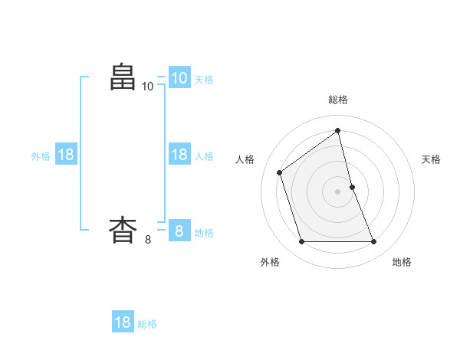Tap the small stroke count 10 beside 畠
click(x=148, y=87)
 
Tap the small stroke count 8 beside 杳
click(x=148, y=240)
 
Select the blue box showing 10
click(x=179, y=78)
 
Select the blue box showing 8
click(x=179, y=230)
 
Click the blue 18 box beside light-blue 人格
click(x=179, y=155)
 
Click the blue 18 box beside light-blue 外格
click(x=66, y=155)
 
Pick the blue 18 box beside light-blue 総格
click(x=123, y=322)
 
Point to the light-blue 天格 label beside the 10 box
click(x=204, y=79)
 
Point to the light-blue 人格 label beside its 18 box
click(x=204, y=155)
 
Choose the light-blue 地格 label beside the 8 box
click(x=204, y=232)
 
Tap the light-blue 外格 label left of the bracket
click(x=41, y=155)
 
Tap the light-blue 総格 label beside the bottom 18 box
click(x=147, y=324)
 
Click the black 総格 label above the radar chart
click(x=338, y=100)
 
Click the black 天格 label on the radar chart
click(x=431, y=159)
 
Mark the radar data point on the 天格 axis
click(x=352, y=186)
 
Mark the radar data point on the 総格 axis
click(x=338, y=131)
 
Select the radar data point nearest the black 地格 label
click(x=374, y=242)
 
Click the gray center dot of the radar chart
click(x=338, y=191)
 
